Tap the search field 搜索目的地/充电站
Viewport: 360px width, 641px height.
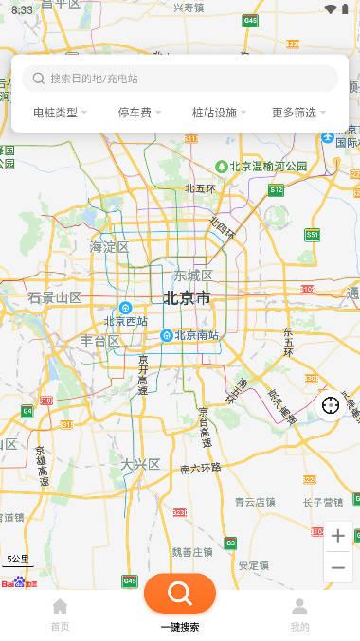(x=180, y=79)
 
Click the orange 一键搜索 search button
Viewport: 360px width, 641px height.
(x=180, y=594)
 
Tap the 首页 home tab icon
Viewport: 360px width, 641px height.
(x=60, y=608)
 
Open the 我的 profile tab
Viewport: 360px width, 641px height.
(x=299, y=608)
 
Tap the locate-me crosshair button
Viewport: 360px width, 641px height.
(x=331, y=405)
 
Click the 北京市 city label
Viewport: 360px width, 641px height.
(x=187, y=298)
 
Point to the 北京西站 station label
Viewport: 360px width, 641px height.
(x=126, y=321)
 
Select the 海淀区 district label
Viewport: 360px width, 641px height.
(x=109, y=247)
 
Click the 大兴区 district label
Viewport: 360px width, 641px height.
(x=140, y=463)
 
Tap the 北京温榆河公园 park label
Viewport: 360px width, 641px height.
(x=267, y=166)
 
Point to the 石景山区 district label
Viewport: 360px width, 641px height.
(x=55, y=297)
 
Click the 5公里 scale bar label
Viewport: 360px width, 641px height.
(x=18, y=559)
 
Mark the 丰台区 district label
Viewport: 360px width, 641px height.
(x=99, y=341)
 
